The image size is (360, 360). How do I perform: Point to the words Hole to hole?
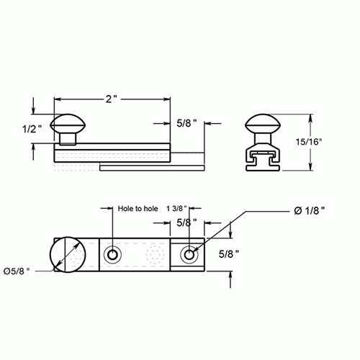coord(137,209)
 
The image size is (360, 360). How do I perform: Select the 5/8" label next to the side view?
coord(189,123)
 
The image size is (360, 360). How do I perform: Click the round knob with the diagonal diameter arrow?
coord(66,255)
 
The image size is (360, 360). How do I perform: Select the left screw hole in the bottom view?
coord(112,255)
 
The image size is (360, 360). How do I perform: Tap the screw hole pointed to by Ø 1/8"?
coord(189,255)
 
